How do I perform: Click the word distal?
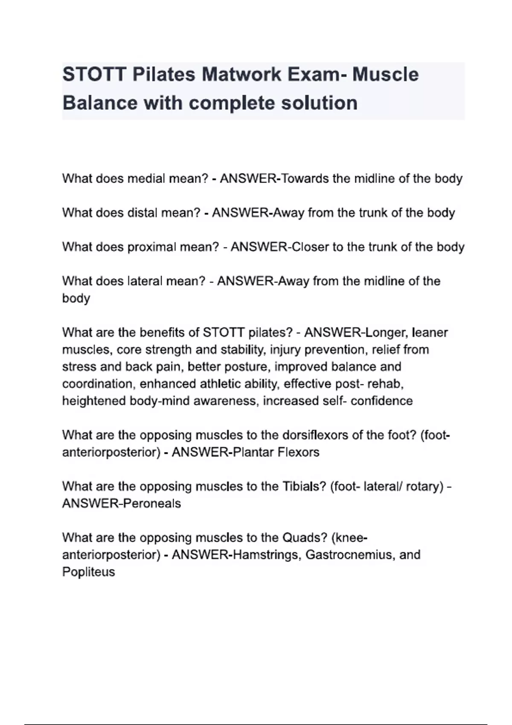pos(142,212)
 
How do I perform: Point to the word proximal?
pos(151,247)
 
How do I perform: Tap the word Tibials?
pos(304,486)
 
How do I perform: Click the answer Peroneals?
pos(151,504)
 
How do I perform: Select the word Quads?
pos(304,537)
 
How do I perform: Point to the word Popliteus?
pos(89,572)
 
